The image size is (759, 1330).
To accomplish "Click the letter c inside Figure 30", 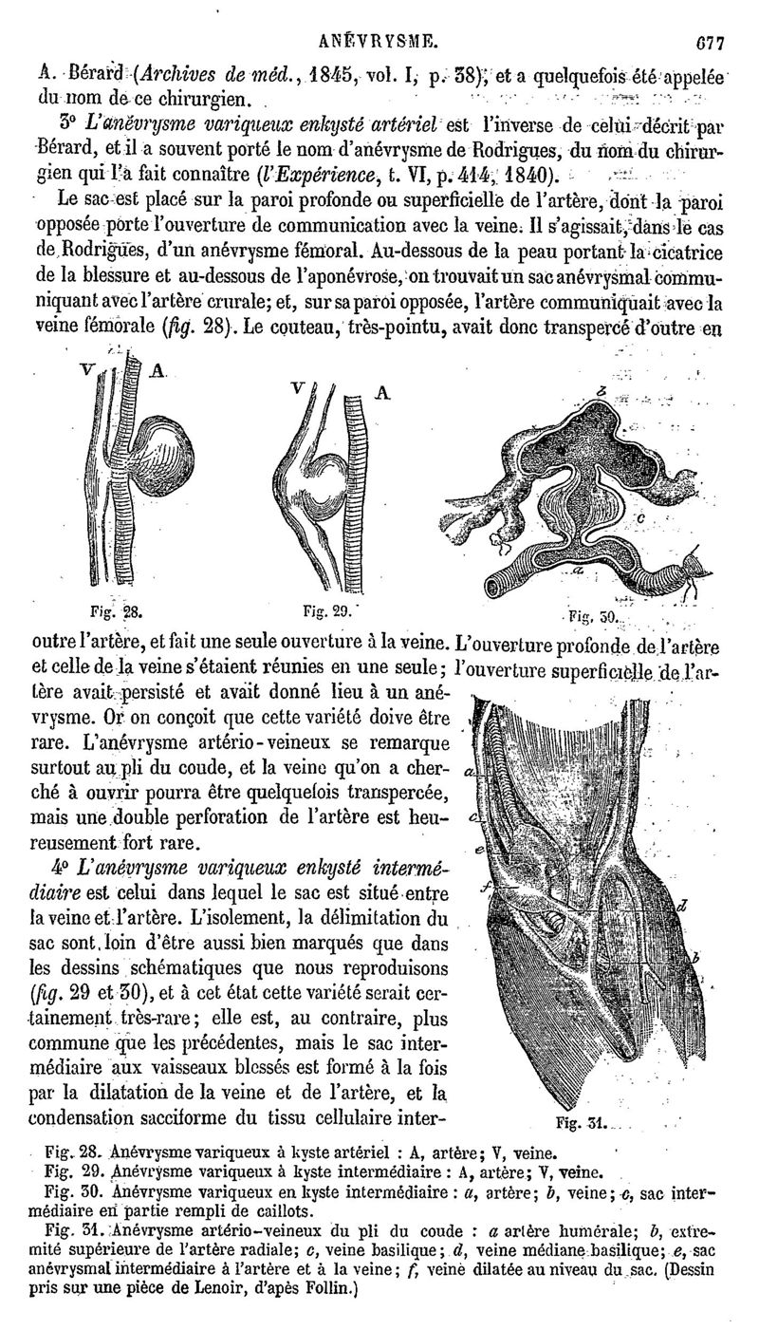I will (642, 517).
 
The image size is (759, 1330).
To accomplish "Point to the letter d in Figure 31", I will (683, 905).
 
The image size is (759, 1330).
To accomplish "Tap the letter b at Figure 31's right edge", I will (695, 959).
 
